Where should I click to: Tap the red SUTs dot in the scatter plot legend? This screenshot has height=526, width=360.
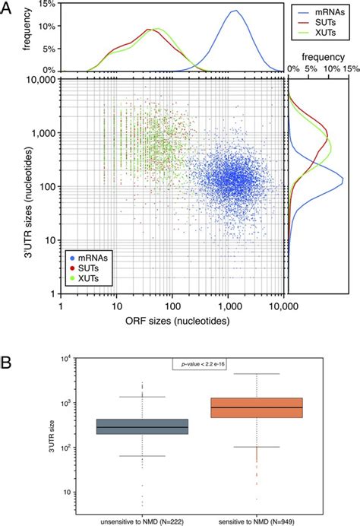pyautogui.click(x=70, y=271)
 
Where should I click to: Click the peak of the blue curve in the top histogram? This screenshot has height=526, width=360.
pyautogui.click(x=235, y=11)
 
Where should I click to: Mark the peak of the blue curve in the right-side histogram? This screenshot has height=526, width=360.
pyautogui.click(x=343, y=179)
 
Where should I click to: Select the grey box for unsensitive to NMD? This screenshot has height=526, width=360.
pyautogui.click(x=142, y=426)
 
